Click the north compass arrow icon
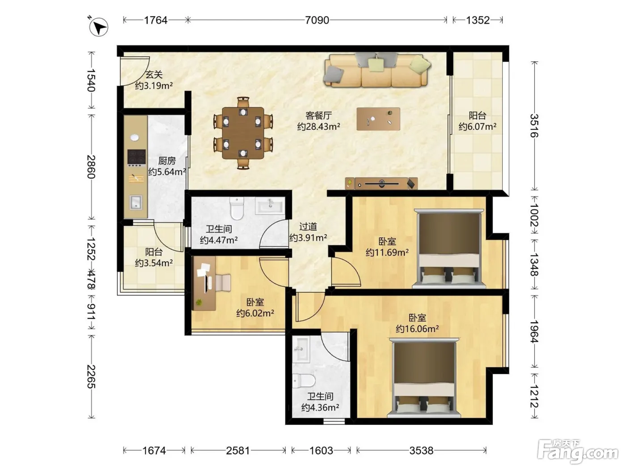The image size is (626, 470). pyautogui.click(x=98, y=27)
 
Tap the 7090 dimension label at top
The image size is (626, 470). pyautogui.click(x=317, y=20)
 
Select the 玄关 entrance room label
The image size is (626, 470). pyautogui.click(x=154, y=75)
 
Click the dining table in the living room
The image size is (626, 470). pyautogui.click(x=243, y=133)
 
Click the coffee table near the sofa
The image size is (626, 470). pyautogui.click(x=378, y=119)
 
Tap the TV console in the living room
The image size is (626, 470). pyautogui.click(x=381, y=184)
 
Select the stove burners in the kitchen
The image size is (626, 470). pyautogui.click(x=136, y=158)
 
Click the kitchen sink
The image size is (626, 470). pyautogui.click(x=136, y=202)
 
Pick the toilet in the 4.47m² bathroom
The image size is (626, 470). pyautogui.click(x=237, y=208)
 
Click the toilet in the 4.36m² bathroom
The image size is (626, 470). pyautogui.click(x=304, y=380)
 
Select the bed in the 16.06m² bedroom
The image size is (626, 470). pyautogui.click(x=423, y=378)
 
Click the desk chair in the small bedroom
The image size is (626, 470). pyautogui.click(x=223, y=283)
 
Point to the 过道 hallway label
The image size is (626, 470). pyautogui.click(x=308, y=227)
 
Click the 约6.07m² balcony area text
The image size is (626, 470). pyautogui.click(x=478, y=126)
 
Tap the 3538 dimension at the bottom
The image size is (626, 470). pyautogui.click(x=421, y=451)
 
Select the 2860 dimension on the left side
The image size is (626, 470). pyautogui.click(x=91, y=167)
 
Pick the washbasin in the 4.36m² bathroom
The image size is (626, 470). pyautogui.click(x=301, y=350)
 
